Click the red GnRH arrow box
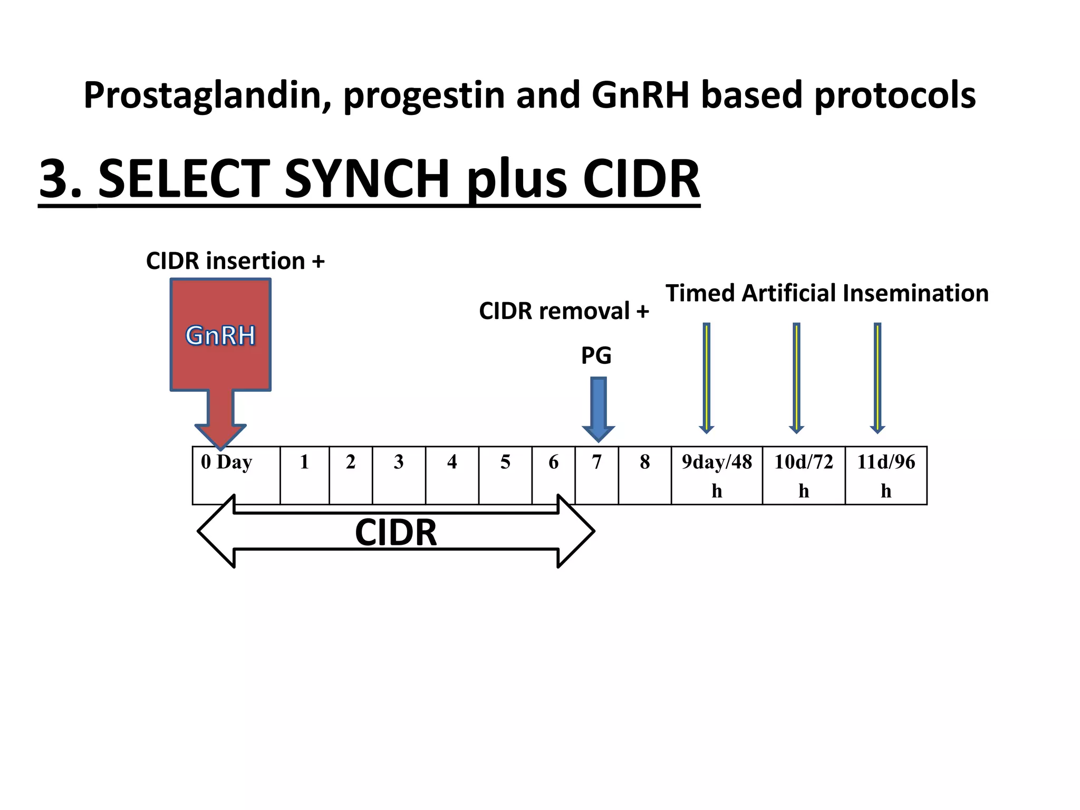tap(220, 335)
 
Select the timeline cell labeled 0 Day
tap(236, 475)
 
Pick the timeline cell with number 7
tap(596, 475)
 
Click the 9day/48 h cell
tap(717, 475)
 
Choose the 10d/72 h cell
tap(804, 475)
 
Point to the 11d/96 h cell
tap(886, 475)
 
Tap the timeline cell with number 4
tap(452, 475)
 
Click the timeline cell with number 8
tap(644, 475)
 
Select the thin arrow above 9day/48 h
tap(707, 378)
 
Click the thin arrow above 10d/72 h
tap(796, 378)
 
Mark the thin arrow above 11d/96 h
tap(877, 378)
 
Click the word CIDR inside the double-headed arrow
tap(396, 532)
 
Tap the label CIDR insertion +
tap(235, 261)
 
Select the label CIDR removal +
tap(564, 311)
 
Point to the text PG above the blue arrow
tap(596, 355)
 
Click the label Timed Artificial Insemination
tap(827, 293)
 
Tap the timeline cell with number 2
tap(351, 475)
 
